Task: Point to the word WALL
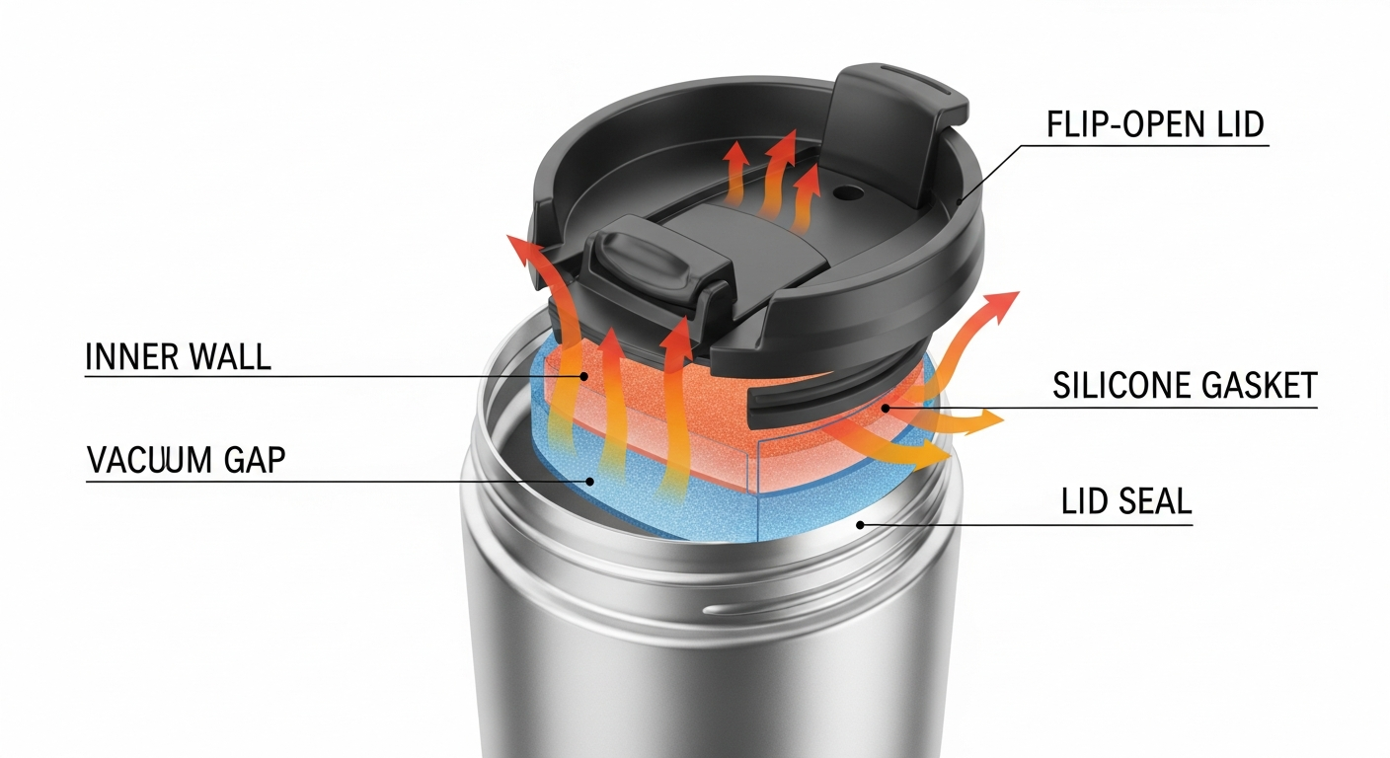click(230, 356)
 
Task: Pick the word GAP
click(255, 460)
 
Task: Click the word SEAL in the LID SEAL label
click(1157, 501)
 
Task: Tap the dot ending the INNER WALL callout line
click(584, 376)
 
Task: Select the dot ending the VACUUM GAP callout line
click(591, 482)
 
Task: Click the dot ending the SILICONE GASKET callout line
click(886, 407)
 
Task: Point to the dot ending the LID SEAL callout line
click(860, 524)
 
